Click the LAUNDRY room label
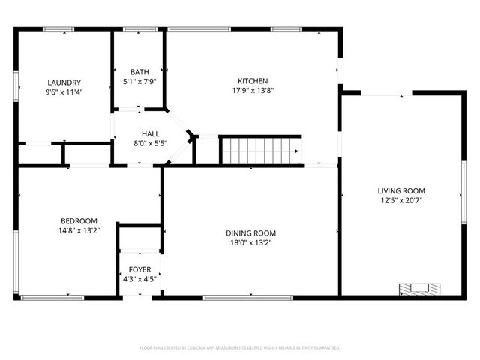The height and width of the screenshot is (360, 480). tap(64, 82)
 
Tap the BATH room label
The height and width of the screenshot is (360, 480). tap(139, 72)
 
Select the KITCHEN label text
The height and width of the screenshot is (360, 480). tap(253, 81)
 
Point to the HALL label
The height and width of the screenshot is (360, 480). tap(139, 134)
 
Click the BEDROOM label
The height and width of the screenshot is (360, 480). tap(79, 221)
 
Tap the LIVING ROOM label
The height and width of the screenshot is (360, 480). tap(401, 191)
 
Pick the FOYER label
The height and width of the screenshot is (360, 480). tap(139, 269)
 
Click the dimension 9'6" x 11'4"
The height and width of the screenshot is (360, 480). tap(64, 92)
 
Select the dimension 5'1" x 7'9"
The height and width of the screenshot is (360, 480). tap(139, 81)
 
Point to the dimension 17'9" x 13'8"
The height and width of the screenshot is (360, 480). tap(253, 91)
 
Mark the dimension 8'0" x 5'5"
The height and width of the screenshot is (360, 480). tap(139, 143)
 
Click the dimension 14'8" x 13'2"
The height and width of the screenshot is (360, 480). tap(79, 231)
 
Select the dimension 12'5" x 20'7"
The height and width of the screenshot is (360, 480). tap(401, 201)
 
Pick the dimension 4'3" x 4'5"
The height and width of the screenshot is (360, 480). tap(139, 279)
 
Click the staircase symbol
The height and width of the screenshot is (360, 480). tap(259, 150)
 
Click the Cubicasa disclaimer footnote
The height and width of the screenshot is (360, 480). tap(240, 348)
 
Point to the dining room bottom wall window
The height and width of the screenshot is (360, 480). tap(247, 298)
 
